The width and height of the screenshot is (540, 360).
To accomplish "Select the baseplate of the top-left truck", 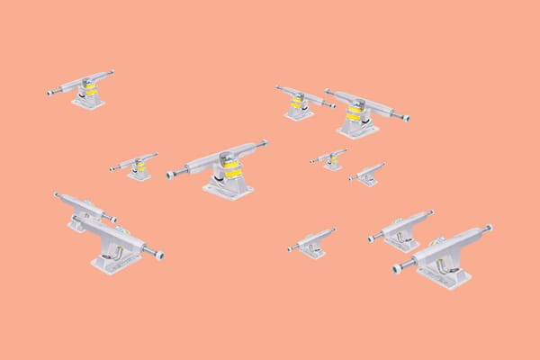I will coord(89,102).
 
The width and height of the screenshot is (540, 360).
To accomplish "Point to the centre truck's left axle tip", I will coord(171,175).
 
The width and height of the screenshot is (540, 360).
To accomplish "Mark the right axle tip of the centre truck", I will coord(265,142).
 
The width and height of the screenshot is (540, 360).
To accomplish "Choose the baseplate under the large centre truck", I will coord(228,188).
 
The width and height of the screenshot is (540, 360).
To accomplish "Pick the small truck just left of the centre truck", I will coord(136,166).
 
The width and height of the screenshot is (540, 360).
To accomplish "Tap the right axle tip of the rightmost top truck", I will coord(406,117).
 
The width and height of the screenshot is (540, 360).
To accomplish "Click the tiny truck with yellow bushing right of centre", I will coord(330,159).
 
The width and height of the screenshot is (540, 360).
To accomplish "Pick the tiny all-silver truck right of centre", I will coord(367,175).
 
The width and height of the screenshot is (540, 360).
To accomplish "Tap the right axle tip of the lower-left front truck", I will coord(159,256).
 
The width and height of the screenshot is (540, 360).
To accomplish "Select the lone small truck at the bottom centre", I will coord(311,244).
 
